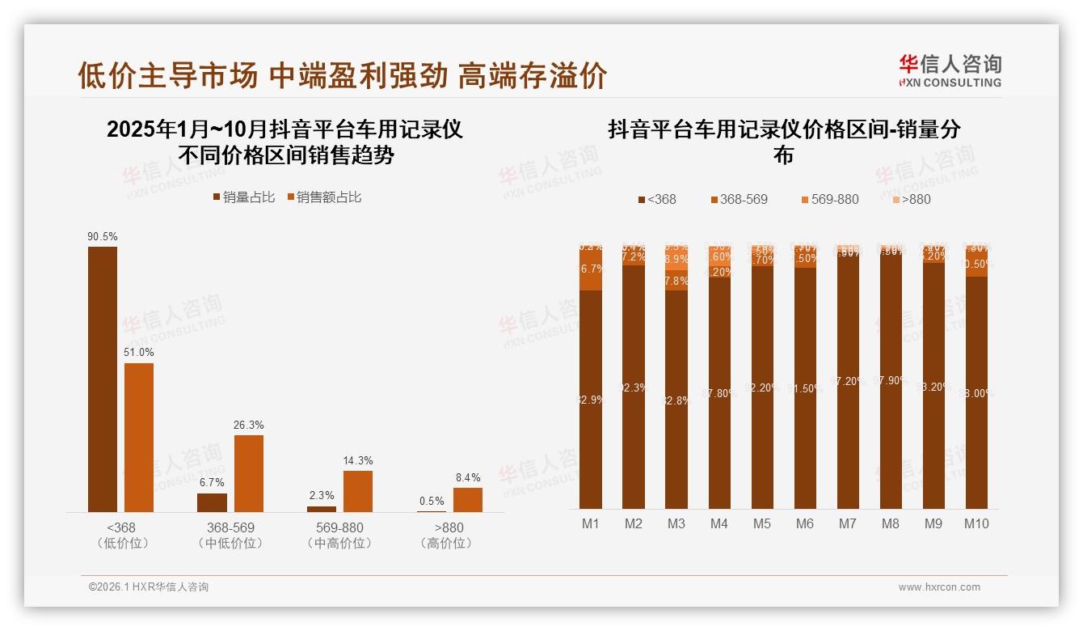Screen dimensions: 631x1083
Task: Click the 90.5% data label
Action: pos(103,237)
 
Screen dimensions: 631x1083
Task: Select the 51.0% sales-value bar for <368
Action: pos(139,437)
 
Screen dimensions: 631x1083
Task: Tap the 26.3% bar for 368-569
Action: pos(249,473)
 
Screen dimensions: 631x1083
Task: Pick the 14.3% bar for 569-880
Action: pos(358,491)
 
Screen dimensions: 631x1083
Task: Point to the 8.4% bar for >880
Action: pos(468,499)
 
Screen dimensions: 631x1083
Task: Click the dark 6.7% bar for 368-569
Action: pos(213,502)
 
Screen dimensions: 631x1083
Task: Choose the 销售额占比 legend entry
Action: pos(324,197)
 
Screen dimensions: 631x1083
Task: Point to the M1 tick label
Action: pos(591,523)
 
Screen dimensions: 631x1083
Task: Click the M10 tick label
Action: pos(976,523)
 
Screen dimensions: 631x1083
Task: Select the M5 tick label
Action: pos(762,523)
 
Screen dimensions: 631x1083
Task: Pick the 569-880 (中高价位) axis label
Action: pos(340,535)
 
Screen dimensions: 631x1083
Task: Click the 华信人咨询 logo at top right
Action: pos(950,70)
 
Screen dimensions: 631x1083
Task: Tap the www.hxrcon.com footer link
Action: pos(939,587)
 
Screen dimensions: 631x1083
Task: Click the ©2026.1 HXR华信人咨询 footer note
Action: pos(149,587)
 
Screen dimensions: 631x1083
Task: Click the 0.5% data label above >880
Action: pos(432,501)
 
